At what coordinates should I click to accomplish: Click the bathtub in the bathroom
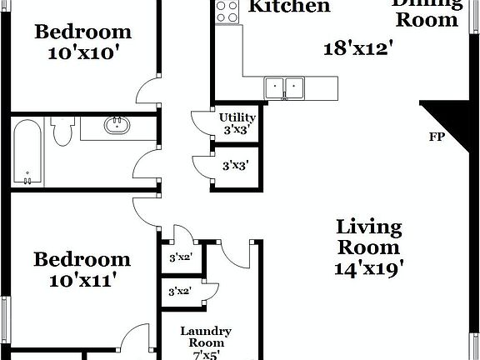coord(28,152)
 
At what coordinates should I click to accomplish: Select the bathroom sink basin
coord(115,127)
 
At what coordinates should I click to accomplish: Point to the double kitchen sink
coord(285,86)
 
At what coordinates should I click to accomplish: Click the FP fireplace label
coord(435,137)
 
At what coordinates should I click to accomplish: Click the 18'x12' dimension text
coord(358,47)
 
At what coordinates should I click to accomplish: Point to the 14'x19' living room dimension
coord(369,268)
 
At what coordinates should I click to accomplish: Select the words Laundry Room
coord(206,337)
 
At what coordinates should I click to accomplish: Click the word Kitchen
coord(290,7)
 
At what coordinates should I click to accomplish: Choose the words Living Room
coord(369,237)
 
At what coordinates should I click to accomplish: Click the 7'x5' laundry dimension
coord(206,355)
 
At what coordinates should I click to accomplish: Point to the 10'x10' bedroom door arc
coord(148,89)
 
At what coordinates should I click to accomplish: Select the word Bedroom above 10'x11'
coord(82,259)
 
